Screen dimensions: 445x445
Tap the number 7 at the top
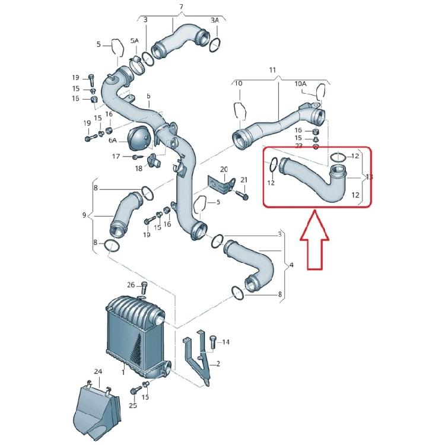point(182,7)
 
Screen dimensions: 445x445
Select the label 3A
point(214,20)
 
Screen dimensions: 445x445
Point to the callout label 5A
point(135,41)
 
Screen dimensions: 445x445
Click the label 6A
point(113,140)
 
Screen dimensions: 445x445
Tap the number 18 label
point(138,169)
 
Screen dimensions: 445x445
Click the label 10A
point(301,84)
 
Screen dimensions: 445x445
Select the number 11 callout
point(273,70)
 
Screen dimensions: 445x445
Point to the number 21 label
point(244,180)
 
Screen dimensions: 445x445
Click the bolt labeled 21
point(244,194)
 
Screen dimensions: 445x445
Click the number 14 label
point(225,342)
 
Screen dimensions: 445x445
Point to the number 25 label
point(133,406)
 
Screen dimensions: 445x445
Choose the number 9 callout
point(84,214)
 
